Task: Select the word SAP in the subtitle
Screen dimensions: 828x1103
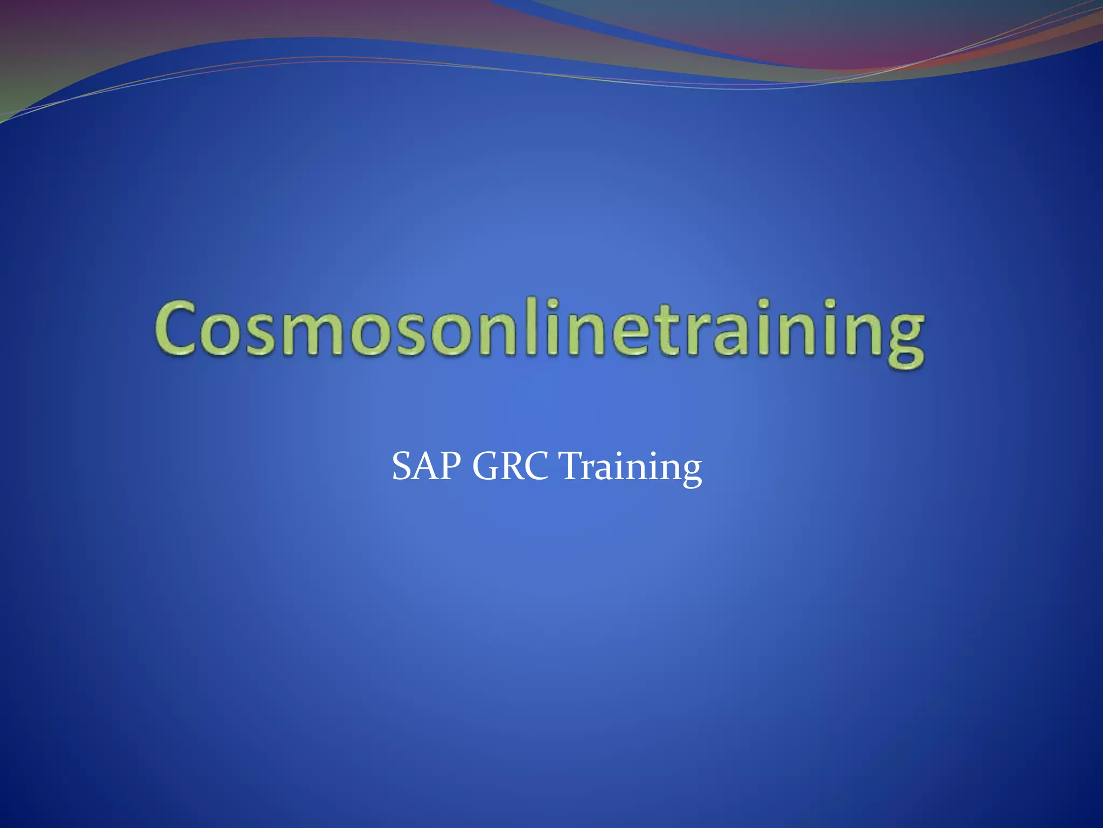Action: click(x=426, y=466)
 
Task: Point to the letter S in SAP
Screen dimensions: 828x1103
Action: click(x=402, y=466)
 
